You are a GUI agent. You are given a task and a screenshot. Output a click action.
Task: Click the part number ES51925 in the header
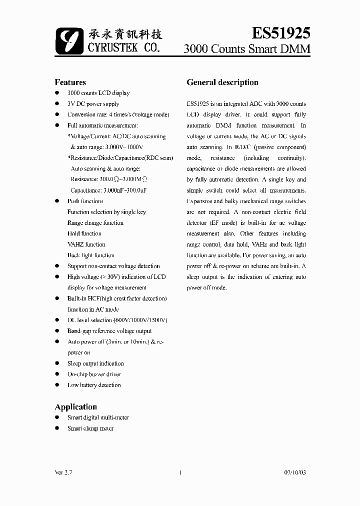click(x=280, y=32)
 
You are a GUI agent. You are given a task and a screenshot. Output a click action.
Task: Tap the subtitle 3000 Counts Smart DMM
click(x=247, y=49)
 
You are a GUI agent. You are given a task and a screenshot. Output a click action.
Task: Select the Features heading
click(x=70, y=82)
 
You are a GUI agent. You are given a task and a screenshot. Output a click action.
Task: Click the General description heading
click(x=222, y=82)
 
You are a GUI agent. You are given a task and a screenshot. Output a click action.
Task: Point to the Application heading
click(x=75, y=406)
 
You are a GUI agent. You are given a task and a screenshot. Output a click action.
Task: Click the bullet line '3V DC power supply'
click(x=93, y=104)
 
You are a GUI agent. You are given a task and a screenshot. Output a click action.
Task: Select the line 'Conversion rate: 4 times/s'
click(x=118, y=114)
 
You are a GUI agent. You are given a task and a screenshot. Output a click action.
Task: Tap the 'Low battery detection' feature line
click(x=94, y=385)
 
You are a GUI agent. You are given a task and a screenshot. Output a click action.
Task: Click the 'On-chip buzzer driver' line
click(x=94, y=374)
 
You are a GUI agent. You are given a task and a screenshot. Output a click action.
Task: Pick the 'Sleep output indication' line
click(x=95, y=363)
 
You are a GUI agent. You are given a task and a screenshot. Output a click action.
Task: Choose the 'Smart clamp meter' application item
click(x=90, y=428)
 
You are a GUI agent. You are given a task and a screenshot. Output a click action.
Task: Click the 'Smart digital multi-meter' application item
click(x=98, y=417)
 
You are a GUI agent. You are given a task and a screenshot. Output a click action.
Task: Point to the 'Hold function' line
click(x=84, y=233)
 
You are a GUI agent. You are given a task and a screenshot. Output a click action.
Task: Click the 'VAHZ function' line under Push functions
click(x=86, y=244)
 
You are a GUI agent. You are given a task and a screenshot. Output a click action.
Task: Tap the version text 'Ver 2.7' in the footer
click(x=62, y=472)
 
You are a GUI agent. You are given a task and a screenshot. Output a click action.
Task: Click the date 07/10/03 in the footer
click(x=294, y=472)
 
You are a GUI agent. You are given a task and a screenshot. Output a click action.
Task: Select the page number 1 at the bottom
click(x=179, y=472)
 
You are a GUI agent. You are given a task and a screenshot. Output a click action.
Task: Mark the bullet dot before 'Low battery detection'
click(x=56, y=385)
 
